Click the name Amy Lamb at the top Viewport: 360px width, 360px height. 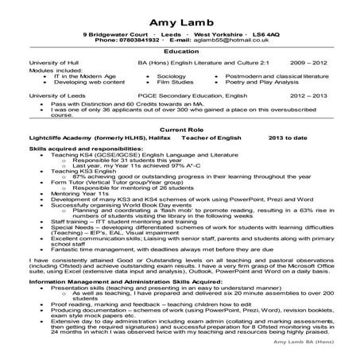[x=179, y=19]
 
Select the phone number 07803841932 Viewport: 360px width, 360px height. [x=140, y=41]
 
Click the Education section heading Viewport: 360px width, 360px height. [x=180, y=51]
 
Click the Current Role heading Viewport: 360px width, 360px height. [x=180, y=129]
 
